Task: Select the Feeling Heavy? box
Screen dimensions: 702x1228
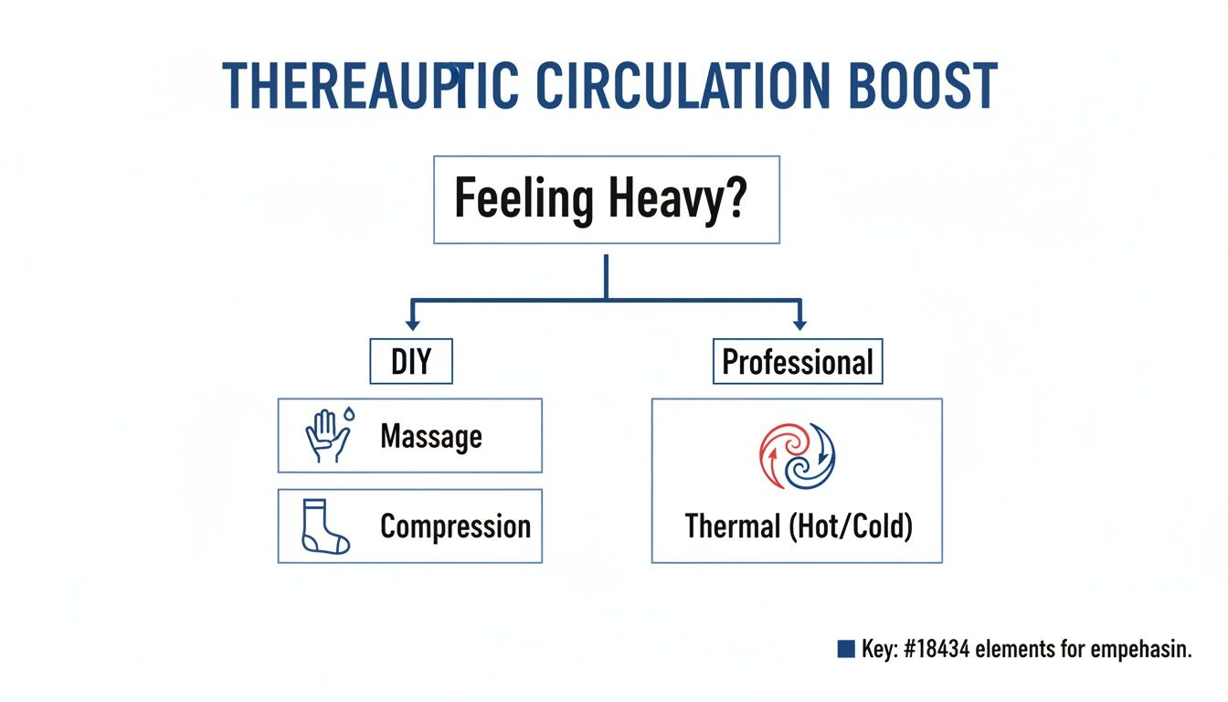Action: (x=607, y=199)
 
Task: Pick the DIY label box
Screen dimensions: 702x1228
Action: (x=410, y=362)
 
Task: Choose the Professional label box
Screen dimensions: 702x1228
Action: (x=798, y=362)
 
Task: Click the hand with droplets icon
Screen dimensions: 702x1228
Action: (x=328, y=435)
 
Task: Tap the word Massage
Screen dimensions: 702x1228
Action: (x=430, y=436)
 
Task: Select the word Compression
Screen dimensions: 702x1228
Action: (x=455, y=526)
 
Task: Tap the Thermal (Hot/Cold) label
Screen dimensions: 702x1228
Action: (x=798, y=526)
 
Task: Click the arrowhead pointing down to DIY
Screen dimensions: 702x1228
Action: (x=412, y=324)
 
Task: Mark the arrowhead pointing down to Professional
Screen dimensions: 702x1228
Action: (x=800, y=324)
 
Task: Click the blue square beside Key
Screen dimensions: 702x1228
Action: (x=845, y=649)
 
